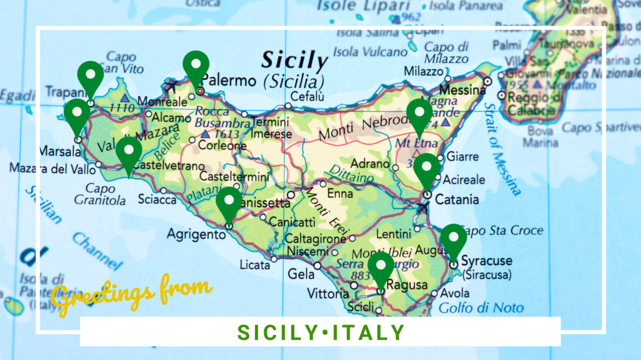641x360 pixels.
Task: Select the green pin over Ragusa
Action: (x=381, y=268)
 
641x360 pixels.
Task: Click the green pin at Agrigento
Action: (x=228, y=204)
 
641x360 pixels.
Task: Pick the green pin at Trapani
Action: (x=91, y=78)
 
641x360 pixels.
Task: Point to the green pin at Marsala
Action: (x=77, y=115)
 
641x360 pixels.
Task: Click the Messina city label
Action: (x=462, y=90)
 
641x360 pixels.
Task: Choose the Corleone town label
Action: (x=222, y=146)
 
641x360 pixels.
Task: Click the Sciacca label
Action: (x=157, y=200)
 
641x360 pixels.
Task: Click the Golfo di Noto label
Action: (x=481, y=308)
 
